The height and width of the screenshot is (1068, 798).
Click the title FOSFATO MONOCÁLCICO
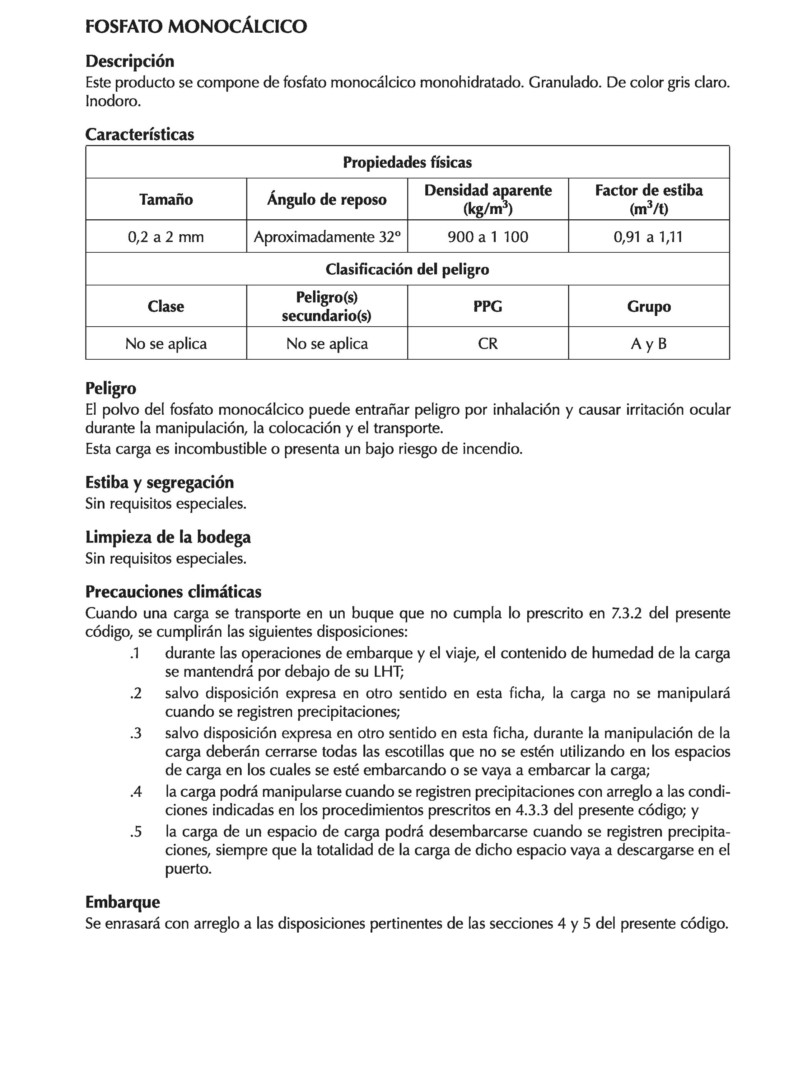196,27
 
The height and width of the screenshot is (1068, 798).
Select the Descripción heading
129,61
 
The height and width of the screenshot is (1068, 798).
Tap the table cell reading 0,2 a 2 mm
166,237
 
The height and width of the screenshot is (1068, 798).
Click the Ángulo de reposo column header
327,199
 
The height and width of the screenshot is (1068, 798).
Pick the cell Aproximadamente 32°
327,237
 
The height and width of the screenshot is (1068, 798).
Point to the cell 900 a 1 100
488,237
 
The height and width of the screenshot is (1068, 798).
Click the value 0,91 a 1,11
648,237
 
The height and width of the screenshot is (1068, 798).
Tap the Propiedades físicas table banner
407,162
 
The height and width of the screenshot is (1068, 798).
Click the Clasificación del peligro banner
407,269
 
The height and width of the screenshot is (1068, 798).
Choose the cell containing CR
488,343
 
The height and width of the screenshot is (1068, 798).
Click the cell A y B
648,343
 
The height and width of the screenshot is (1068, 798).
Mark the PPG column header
488,306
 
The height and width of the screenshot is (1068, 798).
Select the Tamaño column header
166,199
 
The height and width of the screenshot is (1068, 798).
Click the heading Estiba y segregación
159,482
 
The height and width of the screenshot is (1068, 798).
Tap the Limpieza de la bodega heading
168,537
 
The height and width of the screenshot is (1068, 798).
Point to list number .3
136,733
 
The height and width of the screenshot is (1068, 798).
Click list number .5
136,831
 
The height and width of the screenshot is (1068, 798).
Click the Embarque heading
122,902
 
